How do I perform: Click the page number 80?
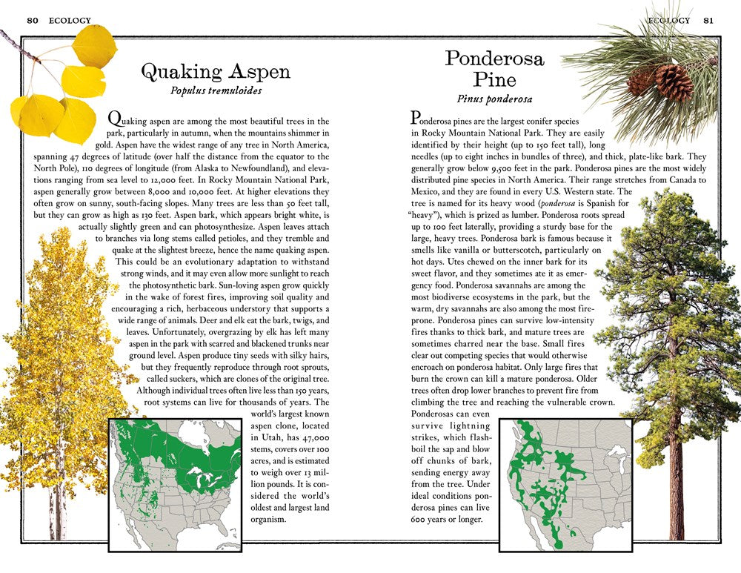click(x=32, y=20)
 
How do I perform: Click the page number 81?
click(x=709, y=20)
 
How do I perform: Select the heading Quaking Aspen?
click(x=216, y=72)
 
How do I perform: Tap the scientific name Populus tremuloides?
click(x=216, y=92)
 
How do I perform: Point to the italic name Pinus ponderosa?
click(x=494, y=99)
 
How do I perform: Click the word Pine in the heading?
click(x=495, y=79)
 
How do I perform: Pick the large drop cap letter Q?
click(x=114, y=118)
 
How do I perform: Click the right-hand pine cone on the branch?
click(x=674, y=82)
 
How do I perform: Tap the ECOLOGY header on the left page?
click(x=70, y=20)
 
